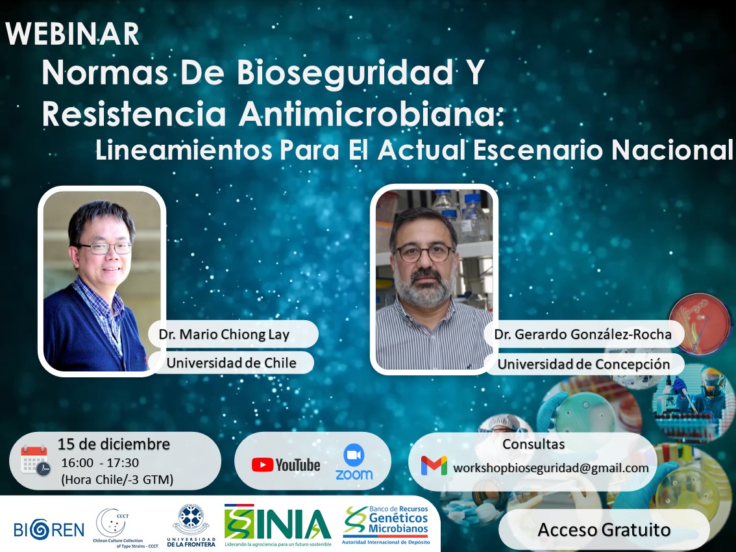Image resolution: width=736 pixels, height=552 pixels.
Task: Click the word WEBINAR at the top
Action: (x=72, y=34)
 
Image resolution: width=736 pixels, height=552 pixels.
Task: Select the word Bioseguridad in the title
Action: (x=345, y=73)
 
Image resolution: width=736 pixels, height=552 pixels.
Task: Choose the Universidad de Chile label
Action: (x=232, y=362)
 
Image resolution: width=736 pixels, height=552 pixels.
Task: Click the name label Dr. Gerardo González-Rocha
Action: (x=583, y=334)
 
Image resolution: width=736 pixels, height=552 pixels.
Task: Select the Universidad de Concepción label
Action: (x=583, y=364)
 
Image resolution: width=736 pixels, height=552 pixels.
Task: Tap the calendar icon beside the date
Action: (x=35, y=460)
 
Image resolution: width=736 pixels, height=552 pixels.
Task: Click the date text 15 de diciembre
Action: (x=114, y=444)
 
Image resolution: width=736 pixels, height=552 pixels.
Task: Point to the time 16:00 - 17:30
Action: (x=100, y=463)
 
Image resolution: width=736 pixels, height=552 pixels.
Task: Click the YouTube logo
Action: (x=286, y=465)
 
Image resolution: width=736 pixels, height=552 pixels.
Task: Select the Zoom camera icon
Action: (x=354, y=455)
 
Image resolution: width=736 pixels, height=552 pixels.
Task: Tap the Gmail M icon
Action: (x=434, y=466)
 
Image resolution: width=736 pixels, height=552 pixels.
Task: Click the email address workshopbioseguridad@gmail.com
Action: (x=550, y=468)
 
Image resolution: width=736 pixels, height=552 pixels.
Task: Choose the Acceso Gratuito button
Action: (x=604, y=529)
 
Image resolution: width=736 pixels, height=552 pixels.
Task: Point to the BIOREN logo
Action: (x=49, y=529)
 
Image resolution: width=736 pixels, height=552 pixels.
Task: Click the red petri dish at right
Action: (x=700, y=323)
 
